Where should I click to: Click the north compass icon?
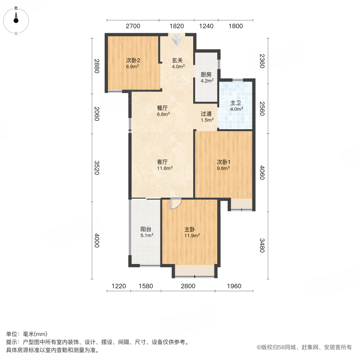16,18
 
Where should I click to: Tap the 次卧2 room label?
133,60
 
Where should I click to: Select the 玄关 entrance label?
178,60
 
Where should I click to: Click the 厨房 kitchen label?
206,75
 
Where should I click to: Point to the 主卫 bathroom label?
235,102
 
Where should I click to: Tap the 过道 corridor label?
206,114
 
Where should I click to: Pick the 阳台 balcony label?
146,229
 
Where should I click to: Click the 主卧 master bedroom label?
190,230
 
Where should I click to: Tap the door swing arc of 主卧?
175,204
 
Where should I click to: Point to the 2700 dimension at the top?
133,26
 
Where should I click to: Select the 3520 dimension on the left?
96,168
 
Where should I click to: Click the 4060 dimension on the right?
262,172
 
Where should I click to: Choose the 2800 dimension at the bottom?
188,286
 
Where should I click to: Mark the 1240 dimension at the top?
206,26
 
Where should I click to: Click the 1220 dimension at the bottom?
119,286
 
